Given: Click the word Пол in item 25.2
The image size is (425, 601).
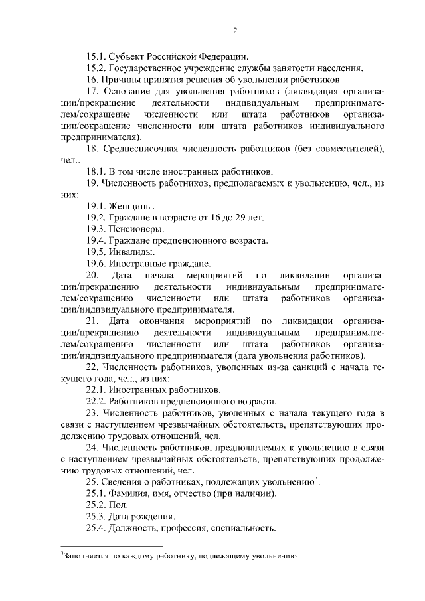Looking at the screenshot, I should pyautogui.click(x=120, y=506).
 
